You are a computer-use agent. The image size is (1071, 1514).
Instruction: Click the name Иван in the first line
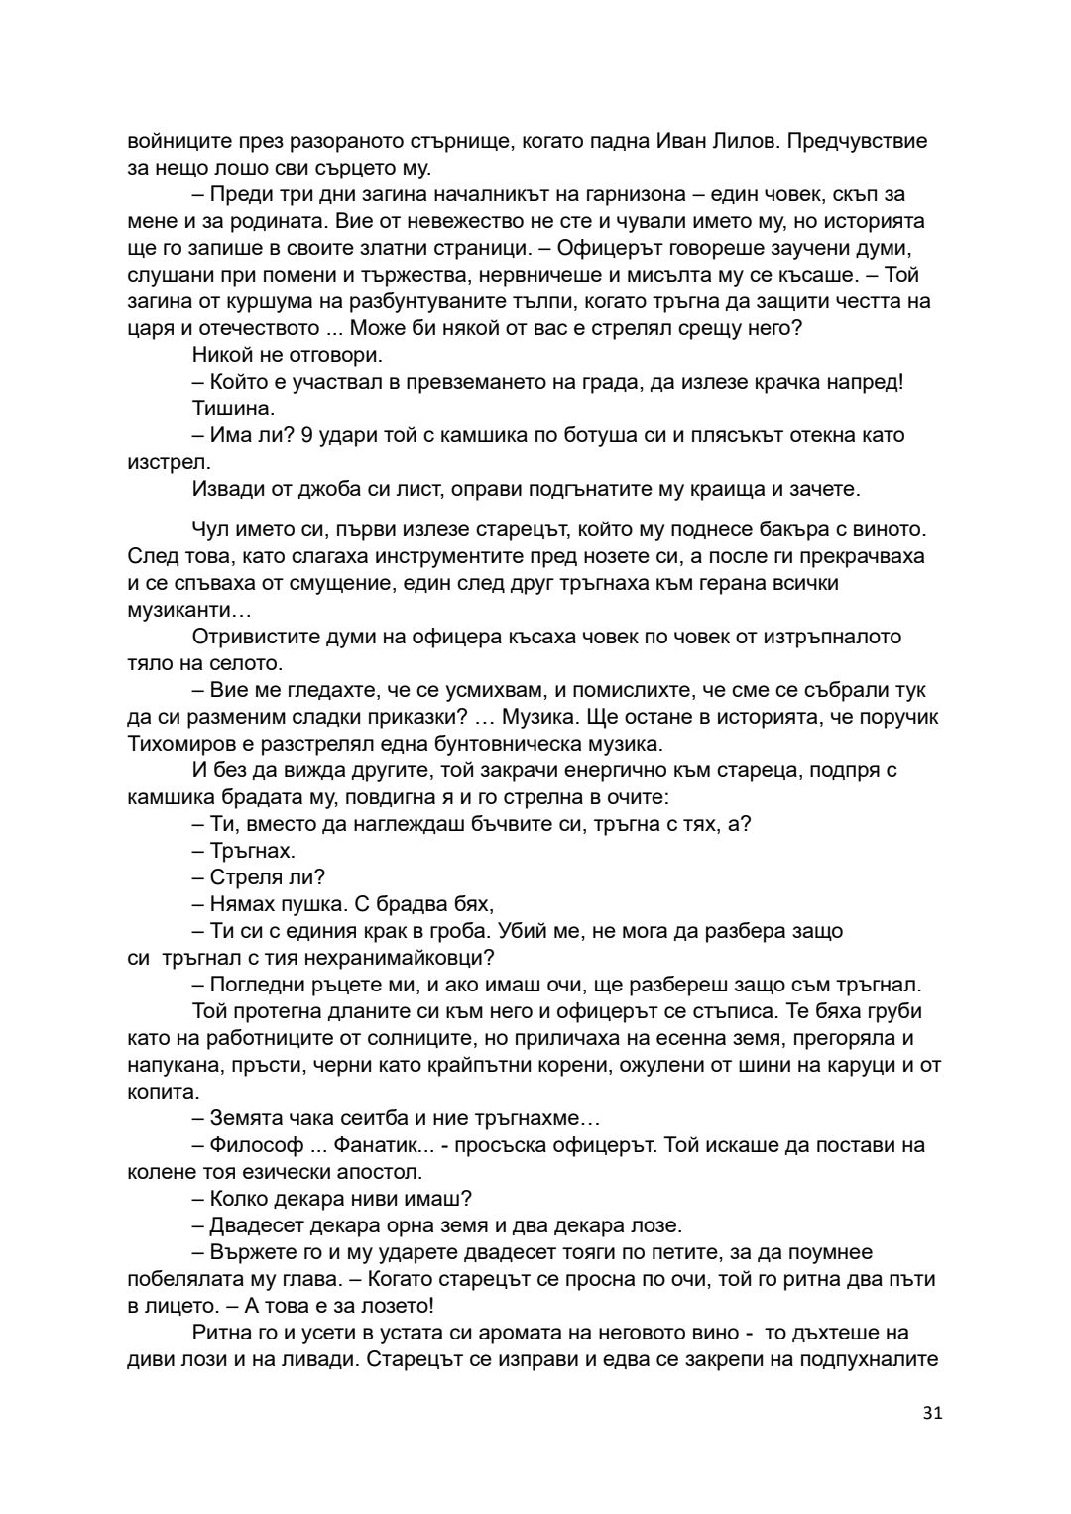tap(683, 140)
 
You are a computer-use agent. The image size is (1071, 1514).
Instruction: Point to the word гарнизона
tap(659, 193)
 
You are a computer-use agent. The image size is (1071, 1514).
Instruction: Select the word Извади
tap(226, 489)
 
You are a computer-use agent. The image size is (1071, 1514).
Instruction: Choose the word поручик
tap(898, 716)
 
